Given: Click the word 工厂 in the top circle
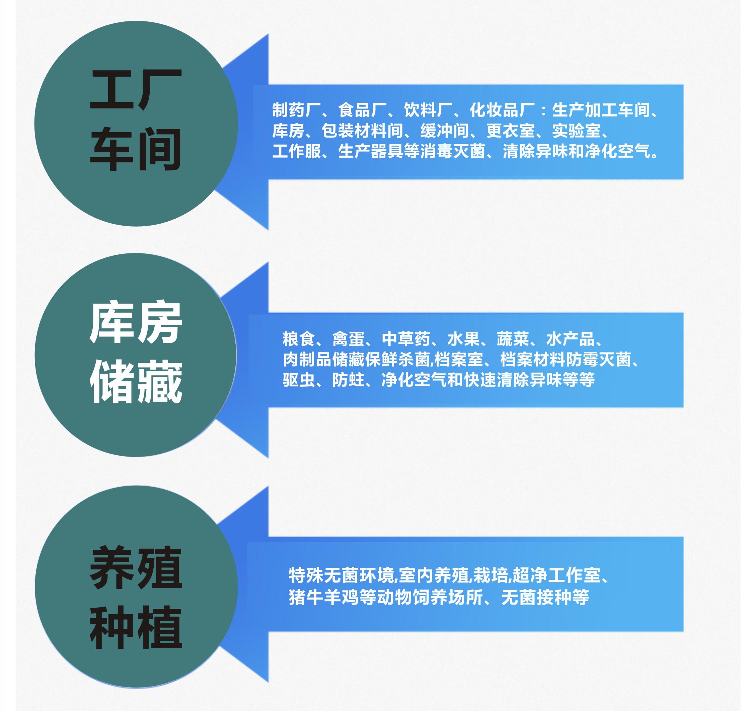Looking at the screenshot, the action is click(x=136, y=90).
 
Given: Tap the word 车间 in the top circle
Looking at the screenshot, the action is click(x=135, y=149).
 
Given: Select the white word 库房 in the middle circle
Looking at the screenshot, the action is click(x=136, y=323).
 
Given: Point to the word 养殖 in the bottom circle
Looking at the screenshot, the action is click(x=136, y=567).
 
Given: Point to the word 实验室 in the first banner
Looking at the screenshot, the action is click(x=577, y=131).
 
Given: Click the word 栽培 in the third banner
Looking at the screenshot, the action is click(x=491, y=575).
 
